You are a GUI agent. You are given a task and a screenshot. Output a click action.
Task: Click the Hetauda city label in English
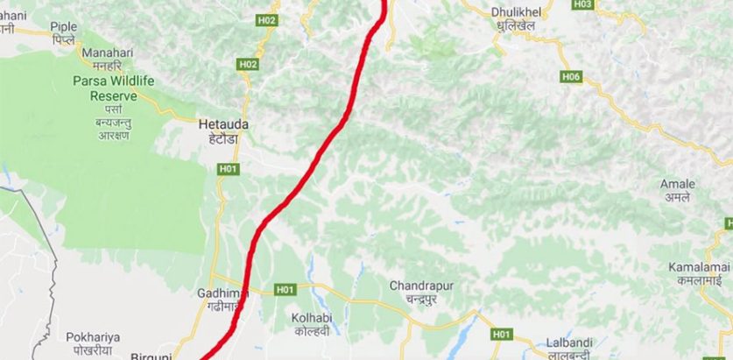click(223, 124)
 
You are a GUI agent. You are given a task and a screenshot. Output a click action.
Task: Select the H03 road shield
click(582, 4)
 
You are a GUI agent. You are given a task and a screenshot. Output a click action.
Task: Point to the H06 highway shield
click(570, 77)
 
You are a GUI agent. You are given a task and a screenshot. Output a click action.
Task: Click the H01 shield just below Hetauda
click(229, 168)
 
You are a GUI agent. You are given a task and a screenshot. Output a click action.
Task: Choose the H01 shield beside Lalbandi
click(501, 334)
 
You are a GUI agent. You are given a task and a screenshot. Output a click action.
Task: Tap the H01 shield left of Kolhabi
click(285, 289)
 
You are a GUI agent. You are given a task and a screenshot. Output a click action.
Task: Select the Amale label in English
click(679, 185)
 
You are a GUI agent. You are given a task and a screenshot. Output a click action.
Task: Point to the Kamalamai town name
click(698, 265)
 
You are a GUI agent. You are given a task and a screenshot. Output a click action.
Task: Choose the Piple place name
click(64, 27)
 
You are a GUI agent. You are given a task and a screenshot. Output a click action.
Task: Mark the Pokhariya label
click(93, 336)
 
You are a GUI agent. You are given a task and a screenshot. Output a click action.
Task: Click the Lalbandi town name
click(569, 342)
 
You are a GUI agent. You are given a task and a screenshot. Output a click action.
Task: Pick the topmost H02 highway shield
click(267, 20)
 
